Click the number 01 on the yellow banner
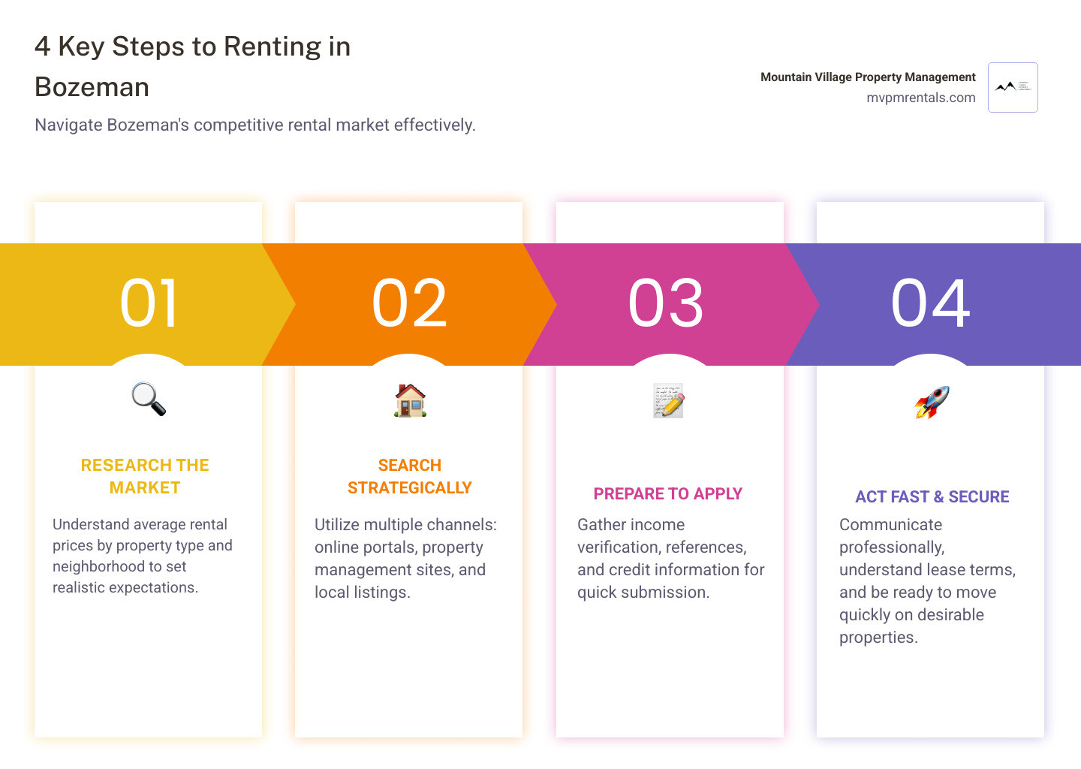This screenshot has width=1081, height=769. [x=149, y=303]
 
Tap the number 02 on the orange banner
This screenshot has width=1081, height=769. [x=410, y=303]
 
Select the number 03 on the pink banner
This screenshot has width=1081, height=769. [x=666, y=303]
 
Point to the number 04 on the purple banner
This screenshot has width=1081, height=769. [x=931, y=303]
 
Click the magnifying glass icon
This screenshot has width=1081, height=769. [x=149, y=399]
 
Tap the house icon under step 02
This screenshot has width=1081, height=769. [x=410, y=400]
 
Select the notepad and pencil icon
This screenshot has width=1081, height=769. [x=668, y=400]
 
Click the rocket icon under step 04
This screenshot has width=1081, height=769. [x=932, y=402]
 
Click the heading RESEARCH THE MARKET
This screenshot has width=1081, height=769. [x=145, y=476]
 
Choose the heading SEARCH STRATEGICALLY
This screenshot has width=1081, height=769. [x=409, y=476]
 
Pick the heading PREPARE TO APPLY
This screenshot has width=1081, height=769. [x=667, y=493]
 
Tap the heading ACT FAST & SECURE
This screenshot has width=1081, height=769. [x=932, y=496]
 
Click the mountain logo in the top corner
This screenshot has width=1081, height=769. [x=1013, y=87]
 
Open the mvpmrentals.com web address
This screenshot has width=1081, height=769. [x=920, y=98]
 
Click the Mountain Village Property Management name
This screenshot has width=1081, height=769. [x=868, y=77]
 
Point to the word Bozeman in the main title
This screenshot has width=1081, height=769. [x=92, y=87]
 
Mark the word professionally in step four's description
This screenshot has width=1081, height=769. [x=891, y=547]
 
